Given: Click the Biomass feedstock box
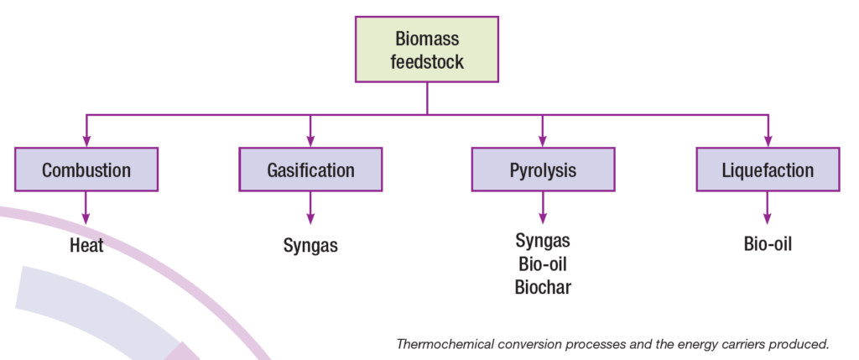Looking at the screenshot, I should click(427, 50).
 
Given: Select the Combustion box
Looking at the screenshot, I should click(86, 170).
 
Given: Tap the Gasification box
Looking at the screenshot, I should click(310, 170).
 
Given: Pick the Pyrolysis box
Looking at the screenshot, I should click(543, 170).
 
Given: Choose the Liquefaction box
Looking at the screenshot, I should click(768, 170).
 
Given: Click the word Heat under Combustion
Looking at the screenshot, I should click(86, 246).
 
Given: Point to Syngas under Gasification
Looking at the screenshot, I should click(310, 246).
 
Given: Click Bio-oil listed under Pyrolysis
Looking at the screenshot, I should click(543, 264).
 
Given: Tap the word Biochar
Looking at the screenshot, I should click(543, 287).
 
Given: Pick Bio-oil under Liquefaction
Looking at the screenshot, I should click(768, 245).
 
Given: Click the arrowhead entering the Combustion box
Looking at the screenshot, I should click(86, 142).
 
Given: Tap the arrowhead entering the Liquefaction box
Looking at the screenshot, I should click(768, 142).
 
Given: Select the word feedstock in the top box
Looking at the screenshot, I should click(427, 61).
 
